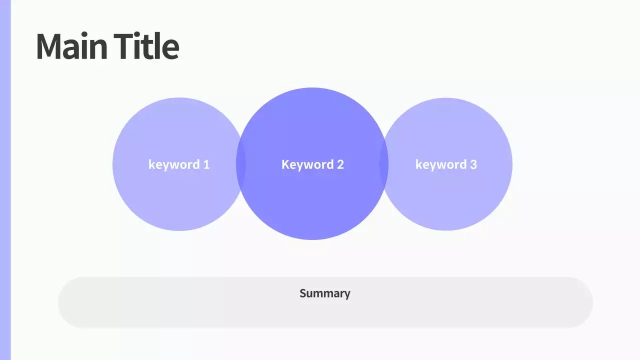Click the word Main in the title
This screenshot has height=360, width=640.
tap(71, 46)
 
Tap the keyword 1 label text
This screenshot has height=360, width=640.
tap(178, 164)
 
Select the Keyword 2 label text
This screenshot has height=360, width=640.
tap(312, 164)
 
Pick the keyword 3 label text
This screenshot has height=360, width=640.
tap(446, 164)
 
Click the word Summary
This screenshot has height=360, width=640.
tap(324, 293)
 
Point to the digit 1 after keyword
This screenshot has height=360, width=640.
tap(206, 164)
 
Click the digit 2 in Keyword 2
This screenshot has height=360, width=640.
tap(340, 164)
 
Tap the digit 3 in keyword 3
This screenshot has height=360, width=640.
tap(473, 164)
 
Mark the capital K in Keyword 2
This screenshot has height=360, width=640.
tap(285, 164)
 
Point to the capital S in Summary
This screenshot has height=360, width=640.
tap(303, 293)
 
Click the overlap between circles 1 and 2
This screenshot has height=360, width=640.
tap(241, 164)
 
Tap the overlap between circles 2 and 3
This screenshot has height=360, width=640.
tap(384, 164)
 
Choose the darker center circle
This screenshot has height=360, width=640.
tap(312, 205)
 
